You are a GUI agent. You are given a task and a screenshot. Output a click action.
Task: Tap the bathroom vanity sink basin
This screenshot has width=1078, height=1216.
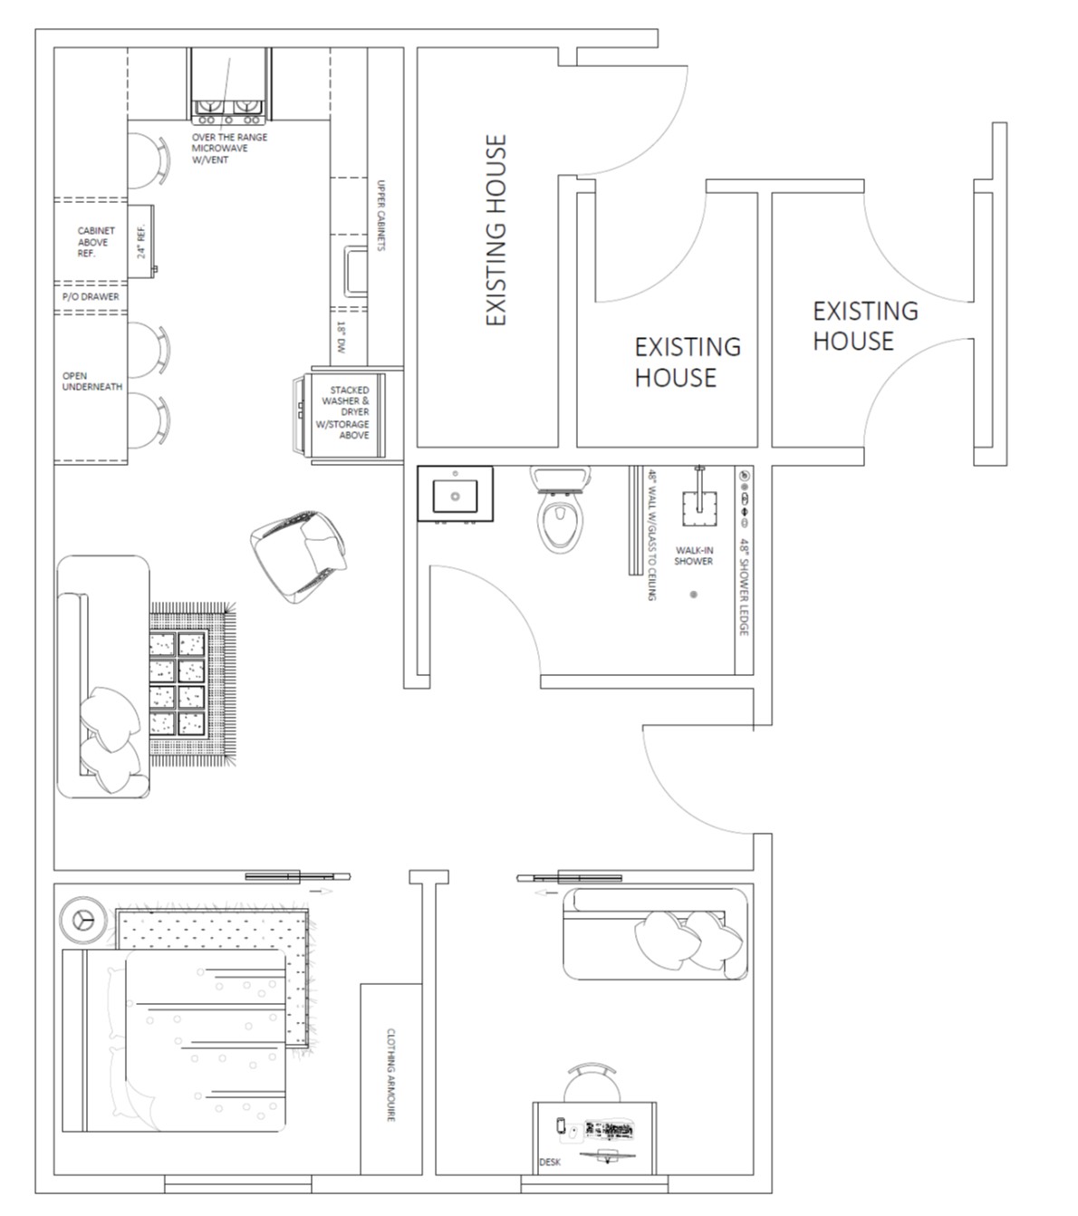[x=455, y=496]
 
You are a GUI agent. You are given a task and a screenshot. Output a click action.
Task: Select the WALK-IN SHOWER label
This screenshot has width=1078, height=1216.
[x=693, y=555]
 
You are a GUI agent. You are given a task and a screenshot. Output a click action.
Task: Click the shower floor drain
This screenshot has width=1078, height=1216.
[x=693, y=594]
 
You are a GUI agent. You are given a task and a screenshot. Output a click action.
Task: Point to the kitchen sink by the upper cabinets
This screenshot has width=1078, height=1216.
[x=356, y=271]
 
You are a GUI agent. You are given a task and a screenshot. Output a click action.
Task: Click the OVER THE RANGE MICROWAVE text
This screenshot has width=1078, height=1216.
[x=229, y=143]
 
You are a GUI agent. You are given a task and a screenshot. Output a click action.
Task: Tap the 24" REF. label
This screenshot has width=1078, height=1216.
[x=141, y=241]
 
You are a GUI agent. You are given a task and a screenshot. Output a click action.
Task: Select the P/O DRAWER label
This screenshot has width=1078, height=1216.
[x=91, y=296]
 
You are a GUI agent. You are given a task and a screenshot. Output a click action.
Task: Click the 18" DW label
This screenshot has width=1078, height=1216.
[x=342, y=337]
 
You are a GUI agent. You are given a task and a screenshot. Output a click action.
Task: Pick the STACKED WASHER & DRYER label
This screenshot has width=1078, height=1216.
[x=346, y=401]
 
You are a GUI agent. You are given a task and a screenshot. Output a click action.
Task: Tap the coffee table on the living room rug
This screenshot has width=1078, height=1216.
[x=178, y=683]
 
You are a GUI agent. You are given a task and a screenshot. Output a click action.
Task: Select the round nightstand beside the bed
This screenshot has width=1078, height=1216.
[x=82, y=920]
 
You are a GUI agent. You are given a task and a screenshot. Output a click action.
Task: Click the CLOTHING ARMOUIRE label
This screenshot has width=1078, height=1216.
[x=390, y=1075]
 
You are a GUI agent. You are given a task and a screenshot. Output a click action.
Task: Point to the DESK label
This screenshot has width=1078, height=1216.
[x=550, y=1163]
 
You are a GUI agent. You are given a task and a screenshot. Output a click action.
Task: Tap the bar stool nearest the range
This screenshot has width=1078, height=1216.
[x=149, y=161]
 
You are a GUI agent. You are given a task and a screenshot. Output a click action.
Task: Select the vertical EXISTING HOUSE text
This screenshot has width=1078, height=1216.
[x=496, y=230]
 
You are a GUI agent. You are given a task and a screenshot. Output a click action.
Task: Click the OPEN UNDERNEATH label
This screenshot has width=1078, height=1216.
[x=91, y=381]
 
